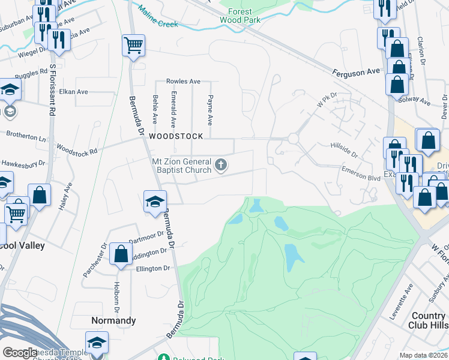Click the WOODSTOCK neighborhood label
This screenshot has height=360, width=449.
point(173,137)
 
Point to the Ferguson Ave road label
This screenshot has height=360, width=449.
point(357,71)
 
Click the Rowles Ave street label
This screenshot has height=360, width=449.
point(183,81)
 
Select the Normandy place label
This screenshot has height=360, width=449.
point(113,320)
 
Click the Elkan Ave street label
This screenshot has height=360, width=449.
point(74,92)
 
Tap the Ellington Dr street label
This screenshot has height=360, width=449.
point(141,268)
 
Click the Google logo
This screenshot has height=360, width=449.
point(20,353)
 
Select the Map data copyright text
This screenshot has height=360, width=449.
point(423,355)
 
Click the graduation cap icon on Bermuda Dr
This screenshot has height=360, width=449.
point(154,202)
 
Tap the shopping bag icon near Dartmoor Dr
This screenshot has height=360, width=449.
point(121,253)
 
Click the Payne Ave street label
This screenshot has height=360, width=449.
point(210,106)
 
